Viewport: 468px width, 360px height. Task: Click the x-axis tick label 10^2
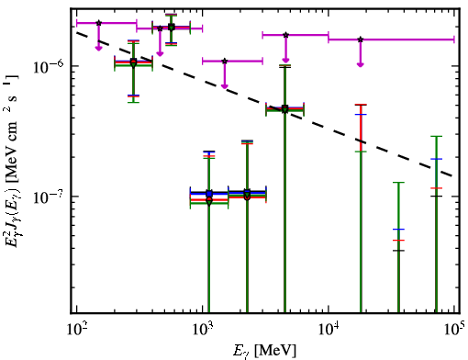(76, 330)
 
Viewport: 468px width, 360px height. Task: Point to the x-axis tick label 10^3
(202, 330)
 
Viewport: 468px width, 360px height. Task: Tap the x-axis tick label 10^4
(329, 330)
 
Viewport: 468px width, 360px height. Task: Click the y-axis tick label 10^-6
(48, 66)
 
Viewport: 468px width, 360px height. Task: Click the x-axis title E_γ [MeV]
(264, 351)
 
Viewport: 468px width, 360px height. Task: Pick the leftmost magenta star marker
(98, 23)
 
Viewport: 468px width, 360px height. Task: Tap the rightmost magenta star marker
(361, 39)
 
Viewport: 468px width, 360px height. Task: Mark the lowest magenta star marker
(225, 62)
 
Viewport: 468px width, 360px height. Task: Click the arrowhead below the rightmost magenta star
(361, 64)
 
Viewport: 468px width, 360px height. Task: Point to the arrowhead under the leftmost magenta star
(98, 48)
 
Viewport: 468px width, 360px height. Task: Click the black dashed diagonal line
(264, 104)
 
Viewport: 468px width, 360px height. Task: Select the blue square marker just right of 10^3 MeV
(209, 194)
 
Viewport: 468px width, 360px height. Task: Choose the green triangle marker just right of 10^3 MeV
(209, 202)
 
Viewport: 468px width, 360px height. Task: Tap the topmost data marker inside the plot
(172, 28)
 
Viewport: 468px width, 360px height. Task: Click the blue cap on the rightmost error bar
(437, 159)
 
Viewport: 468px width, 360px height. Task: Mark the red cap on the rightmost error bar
(437, 188)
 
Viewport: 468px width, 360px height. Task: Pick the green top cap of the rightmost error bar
(437, 136)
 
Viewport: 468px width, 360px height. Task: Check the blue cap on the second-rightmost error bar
(398, 229)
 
